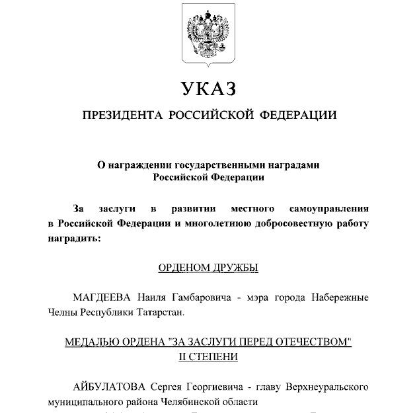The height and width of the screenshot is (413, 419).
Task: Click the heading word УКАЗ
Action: coord(208,88)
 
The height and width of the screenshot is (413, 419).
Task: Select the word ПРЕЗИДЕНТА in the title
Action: coord(122,116)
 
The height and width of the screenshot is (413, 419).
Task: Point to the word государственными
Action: coord(219,165)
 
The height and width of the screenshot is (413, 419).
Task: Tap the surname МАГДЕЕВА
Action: coord(102,297)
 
